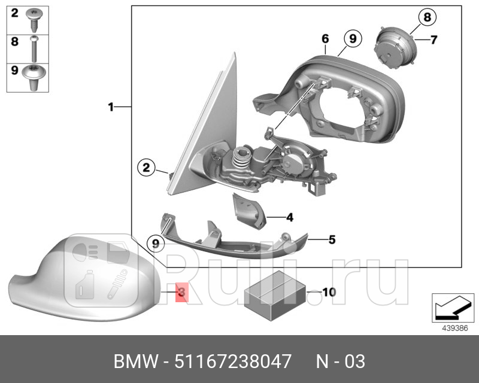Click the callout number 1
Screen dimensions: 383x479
(x=111, y=107)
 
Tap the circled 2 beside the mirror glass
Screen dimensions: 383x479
(x=145, y=168)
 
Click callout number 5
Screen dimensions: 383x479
(x=331, y=240)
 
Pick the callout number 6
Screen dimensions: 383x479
(x=325, y=39)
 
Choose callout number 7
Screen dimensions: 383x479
(x=433, y=40)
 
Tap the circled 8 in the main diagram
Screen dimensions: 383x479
(x=427, y=17)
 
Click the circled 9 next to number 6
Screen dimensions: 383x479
(x=352, y=39)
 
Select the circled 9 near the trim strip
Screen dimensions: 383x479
(x=156, y=243)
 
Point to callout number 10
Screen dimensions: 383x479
(x=329, y=292)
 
